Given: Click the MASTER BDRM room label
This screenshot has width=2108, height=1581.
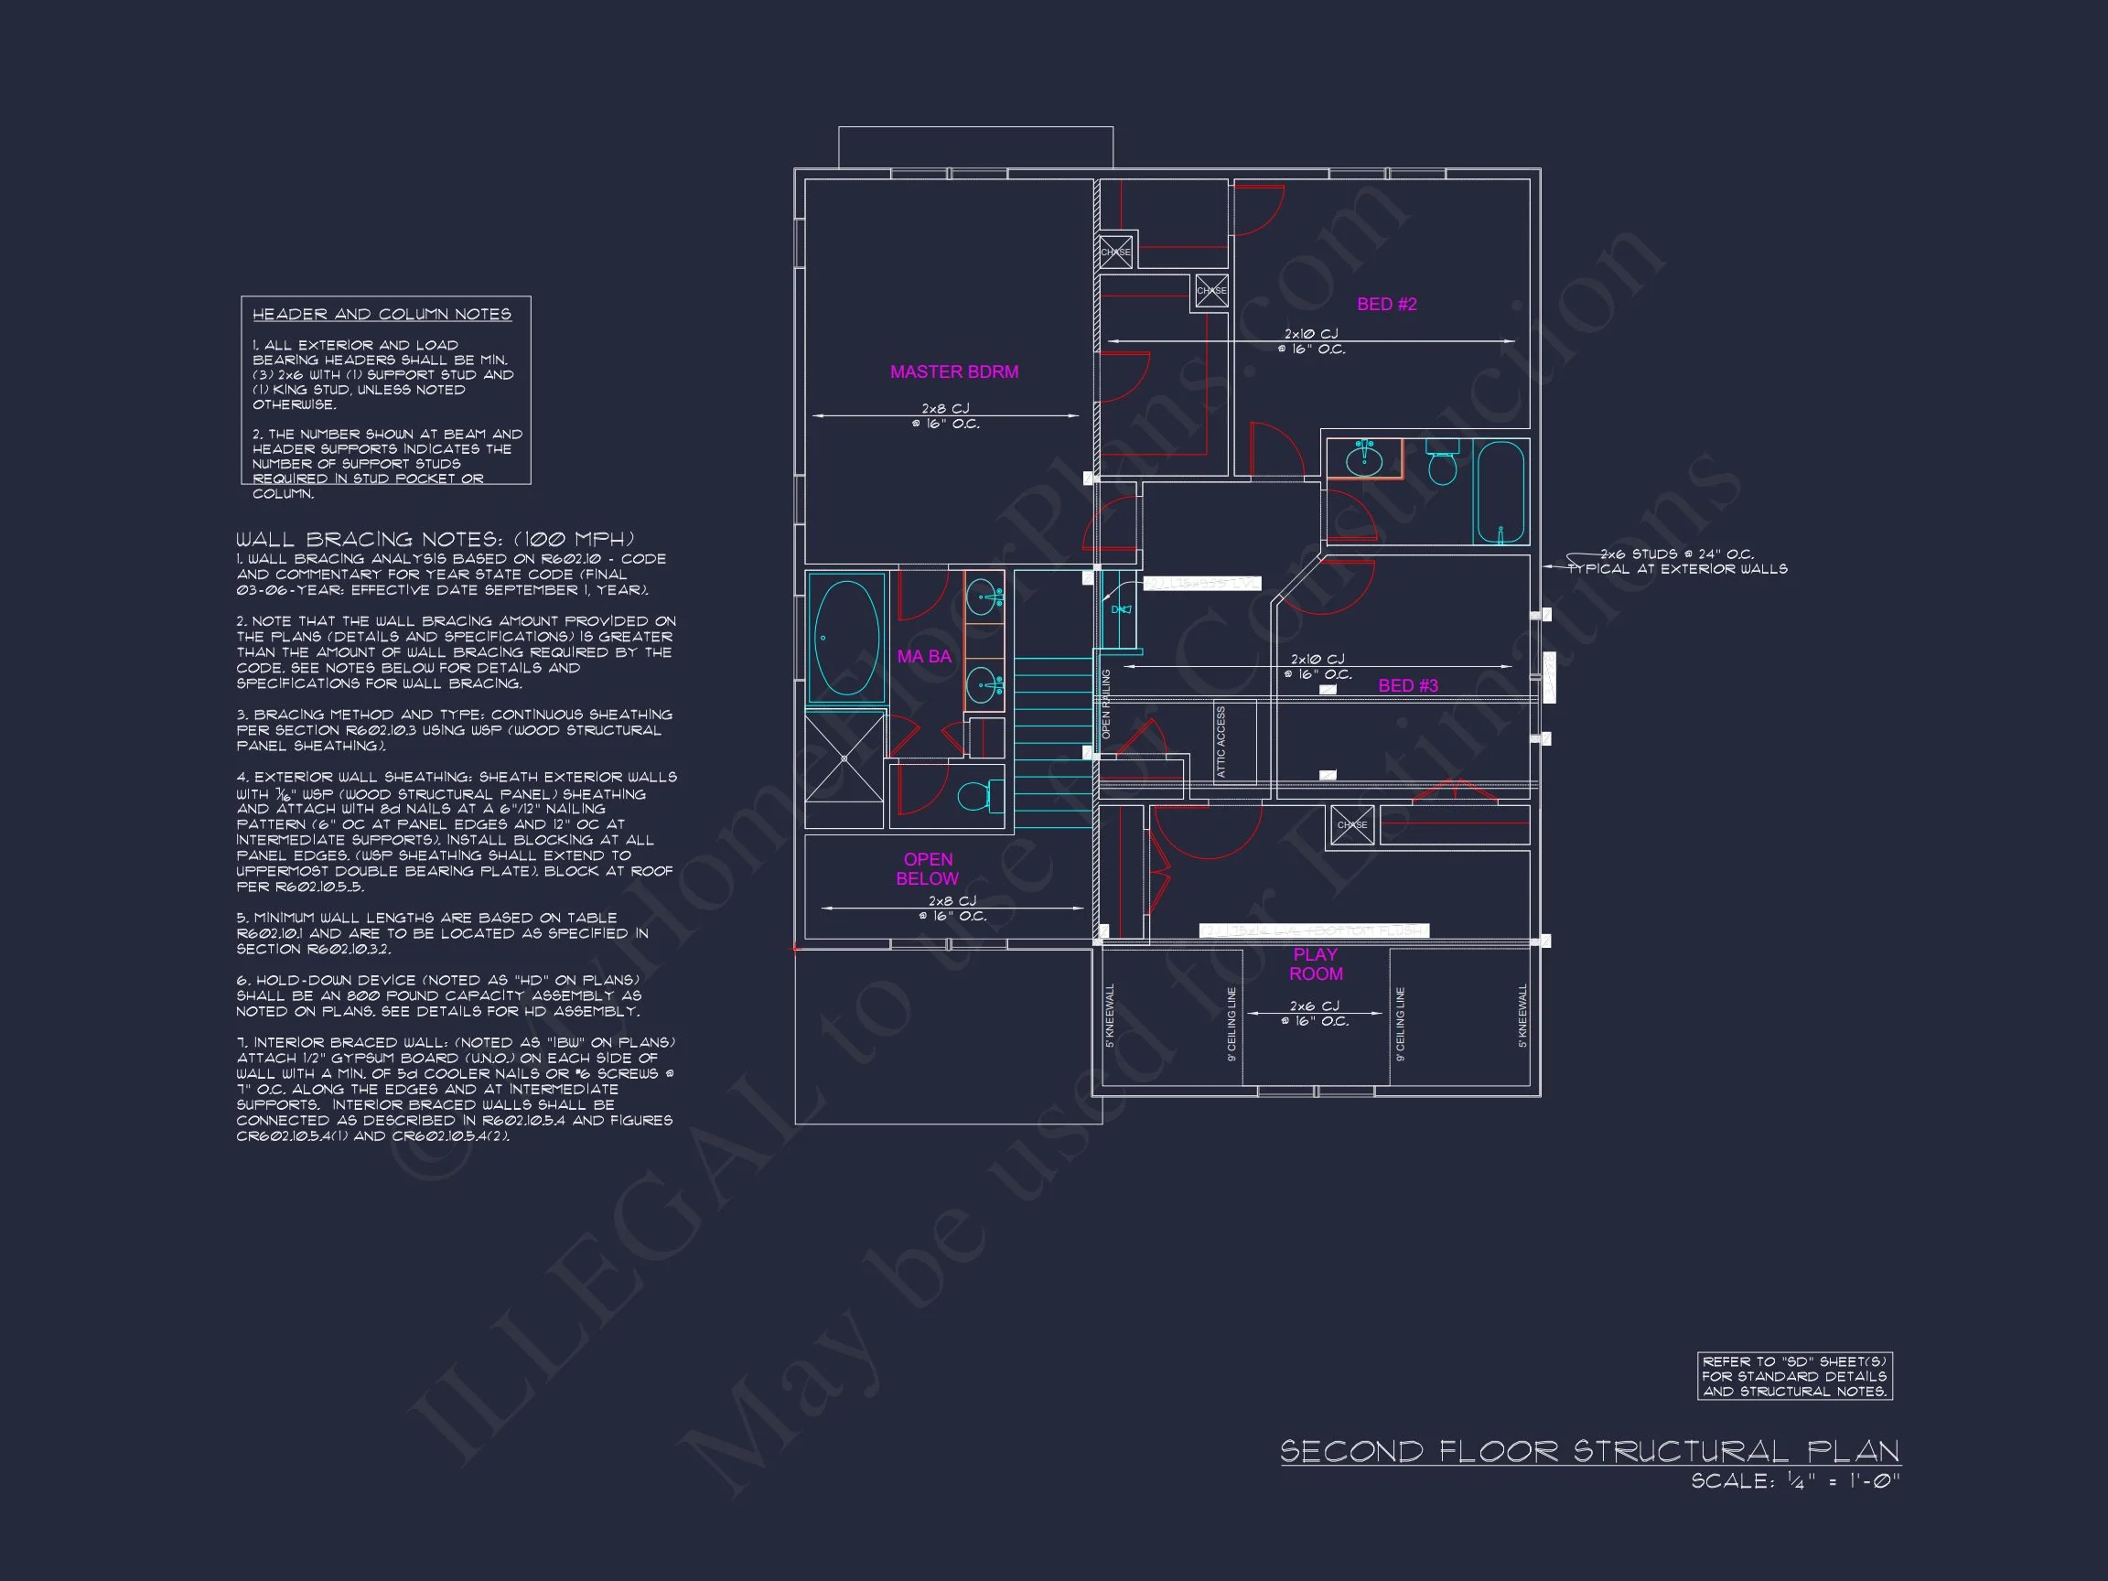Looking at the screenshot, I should click(954, 371).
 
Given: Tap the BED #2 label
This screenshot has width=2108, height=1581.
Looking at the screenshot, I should click(1387, 304).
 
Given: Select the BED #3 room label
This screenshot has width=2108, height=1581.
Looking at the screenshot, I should click(1407, 685).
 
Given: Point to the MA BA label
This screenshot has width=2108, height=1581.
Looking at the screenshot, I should click(923, 657).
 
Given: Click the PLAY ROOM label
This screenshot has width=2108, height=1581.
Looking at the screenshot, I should click(1315, 963).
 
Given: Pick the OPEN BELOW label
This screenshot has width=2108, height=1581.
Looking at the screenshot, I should click(927, 868).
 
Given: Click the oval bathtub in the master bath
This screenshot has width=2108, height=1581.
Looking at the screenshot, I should click(846, 638).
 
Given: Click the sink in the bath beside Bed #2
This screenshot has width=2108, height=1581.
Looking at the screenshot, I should click(1364, 460).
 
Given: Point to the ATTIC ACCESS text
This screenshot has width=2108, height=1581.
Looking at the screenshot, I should click(1221, 741).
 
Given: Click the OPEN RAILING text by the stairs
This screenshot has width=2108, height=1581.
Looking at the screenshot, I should click(1106, 704).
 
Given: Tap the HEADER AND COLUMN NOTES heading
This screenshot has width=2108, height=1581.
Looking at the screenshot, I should click(382, 315).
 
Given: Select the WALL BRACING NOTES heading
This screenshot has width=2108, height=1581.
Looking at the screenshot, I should click(435, 540).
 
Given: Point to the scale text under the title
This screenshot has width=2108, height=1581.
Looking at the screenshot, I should click(1794, 1481).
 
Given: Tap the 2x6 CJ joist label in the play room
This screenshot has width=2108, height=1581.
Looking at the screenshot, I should click(1314, 1013).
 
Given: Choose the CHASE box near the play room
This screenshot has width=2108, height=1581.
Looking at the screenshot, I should click(1351, 825).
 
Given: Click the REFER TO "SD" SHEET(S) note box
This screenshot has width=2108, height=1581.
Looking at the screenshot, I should click(1794, 1376).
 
